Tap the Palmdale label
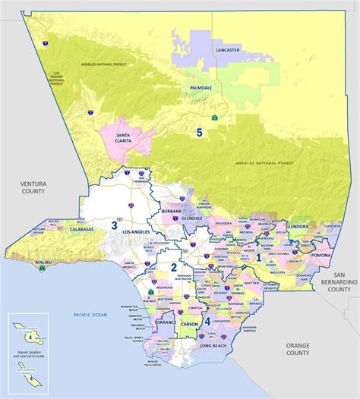pos(201,88)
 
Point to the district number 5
pos(200,133)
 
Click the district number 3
pos(114,225)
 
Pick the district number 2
pos(173,267)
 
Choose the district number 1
pos(258,257)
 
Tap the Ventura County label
pos(34,186)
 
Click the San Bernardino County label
pos(339,281)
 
